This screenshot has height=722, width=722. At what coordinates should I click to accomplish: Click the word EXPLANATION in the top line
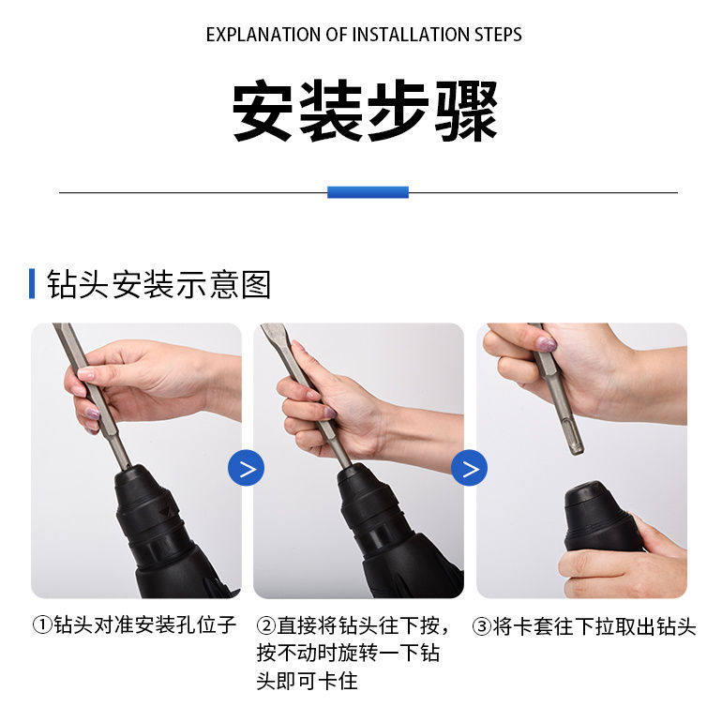[x=263, y=35]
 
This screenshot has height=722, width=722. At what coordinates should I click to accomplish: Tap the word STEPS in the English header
[x=498, y=35]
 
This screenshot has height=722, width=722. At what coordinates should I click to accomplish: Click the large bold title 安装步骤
[x=365, y=111]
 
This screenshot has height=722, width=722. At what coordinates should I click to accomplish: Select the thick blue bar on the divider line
[x=368, y=192]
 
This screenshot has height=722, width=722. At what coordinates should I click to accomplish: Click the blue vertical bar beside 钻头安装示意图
[x=32, y=283]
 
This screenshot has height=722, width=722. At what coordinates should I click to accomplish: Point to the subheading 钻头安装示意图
[x=158, y=284]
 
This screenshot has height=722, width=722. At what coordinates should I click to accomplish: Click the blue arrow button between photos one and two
[x=247, y=468]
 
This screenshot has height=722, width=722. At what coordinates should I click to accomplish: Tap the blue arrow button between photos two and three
[x=469, y=468]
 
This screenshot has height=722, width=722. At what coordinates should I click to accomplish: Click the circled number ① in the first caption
[x=42, y=624]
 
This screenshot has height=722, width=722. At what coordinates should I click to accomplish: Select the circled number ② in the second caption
[x=265, y=625]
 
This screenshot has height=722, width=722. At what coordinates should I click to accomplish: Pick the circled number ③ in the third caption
[x=482, y=626]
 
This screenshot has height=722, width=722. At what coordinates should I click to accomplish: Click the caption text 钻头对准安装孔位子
[x=145, y=624]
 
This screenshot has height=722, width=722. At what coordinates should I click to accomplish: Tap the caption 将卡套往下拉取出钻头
[x=594, y=626]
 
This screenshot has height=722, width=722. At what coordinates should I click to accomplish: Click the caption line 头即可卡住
[x=308, y=681]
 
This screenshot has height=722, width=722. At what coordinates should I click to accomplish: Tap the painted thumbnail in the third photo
[x=547, y=344]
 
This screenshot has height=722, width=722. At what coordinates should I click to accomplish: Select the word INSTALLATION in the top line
[x=412, y=35]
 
